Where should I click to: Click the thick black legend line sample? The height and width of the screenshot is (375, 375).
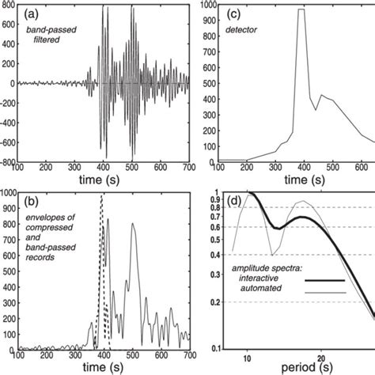click(x=325, y=280)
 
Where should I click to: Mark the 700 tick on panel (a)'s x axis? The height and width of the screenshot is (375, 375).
click(x=187, y=168)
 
